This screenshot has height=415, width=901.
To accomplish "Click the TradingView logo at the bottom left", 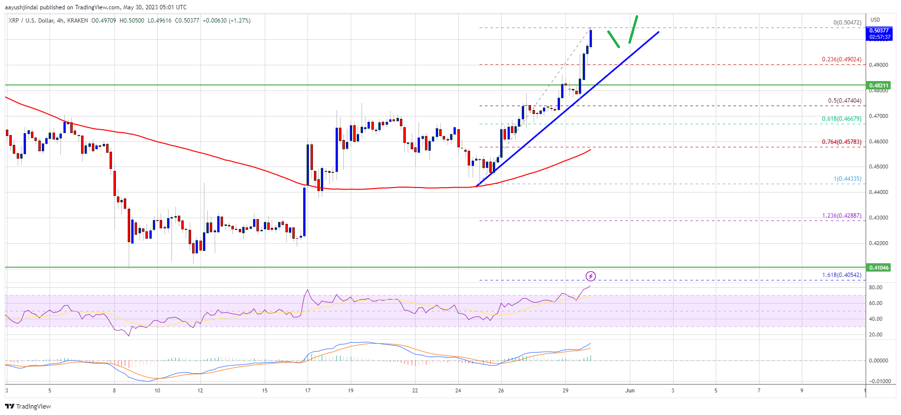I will (28, 406).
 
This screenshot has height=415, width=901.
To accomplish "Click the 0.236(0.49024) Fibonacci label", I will (842, 59).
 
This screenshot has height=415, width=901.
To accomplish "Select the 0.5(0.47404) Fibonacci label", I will (845, 101).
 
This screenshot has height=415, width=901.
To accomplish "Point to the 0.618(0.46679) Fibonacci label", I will (842, 119).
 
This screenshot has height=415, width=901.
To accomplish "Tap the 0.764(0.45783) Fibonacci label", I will (842, 142).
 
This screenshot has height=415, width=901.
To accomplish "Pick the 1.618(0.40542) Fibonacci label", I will (842, 275).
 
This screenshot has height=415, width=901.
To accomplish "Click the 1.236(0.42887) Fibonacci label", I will (842, 216).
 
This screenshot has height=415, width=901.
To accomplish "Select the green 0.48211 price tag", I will (879, 85).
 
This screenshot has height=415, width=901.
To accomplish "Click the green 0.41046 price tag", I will (879, 268).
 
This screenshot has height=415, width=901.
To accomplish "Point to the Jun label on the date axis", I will (630, 390).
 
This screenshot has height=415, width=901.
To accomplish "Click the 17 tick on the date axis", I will (308, 390).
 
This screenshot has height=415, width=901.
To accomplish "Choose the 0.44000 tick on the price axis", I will (878, 192).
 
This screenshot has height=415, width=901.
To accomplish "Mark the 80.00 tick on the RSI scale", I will (875, 287).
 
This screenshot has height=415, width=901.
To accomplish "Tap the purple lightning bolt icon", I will (591, 276).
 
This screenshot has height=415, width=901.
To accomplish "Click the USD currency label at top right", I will (875, 20).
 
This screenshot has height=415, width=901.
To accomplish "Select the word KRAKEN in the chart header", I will (78, 21).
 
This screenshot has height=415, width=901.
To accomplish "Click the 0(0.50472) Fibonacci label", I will (847, 23).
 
